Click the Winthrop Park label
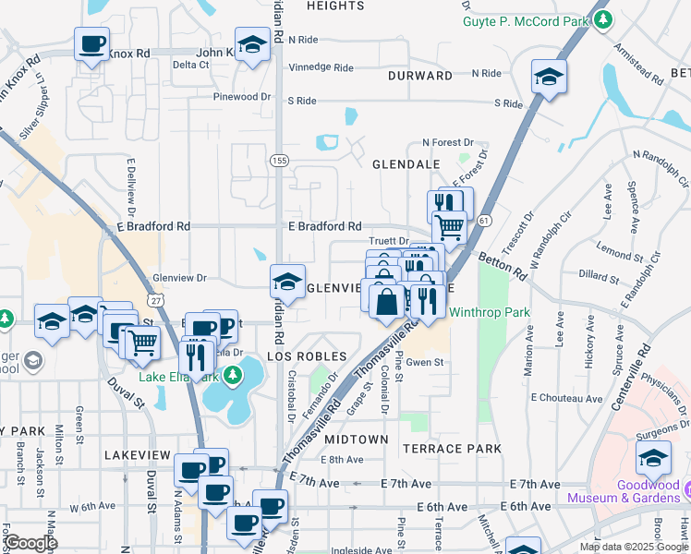[490, 312]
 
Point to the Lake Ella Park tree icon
[234, 375]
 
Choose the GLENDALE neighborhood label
[406, 163]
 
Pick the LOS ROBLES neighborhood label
[307, 356]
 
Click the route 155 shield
[279, 161]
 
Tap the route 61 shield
[484, 220]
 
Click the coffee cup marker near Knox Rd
[92, 44]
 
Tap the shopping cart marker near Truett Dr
[449, 226]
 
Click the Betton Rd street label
[501, 263]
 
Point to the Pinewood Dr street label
[241, 97]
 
